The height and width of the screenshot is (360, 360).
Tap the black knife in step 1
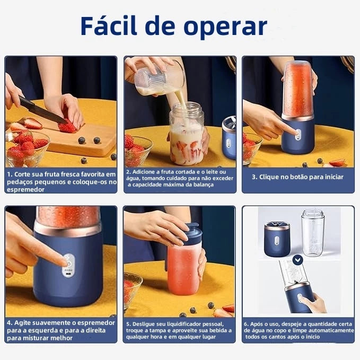click(42, 110)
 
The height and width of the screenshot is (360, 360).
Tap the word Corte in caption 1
click(22, 174)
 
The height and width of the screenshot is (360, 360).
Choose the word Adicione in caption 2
click(145, 172)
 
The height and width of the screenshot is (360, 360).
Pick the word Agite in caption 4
click(23, 322)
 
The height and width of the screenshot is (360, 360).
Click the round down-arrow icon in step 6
click(298, 259)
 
